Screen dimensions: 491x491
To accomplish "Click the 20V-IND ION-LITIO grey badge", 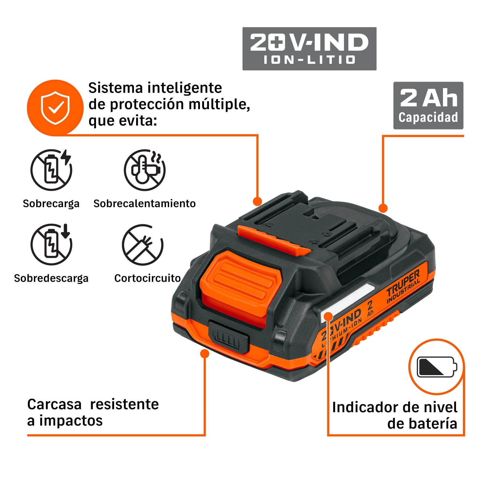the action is tap(309, 49).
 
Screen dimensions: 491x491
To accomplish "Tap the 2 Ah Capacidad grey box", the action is tap(428, 106).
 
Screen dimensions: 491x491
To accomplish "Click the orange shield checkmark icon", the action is tap(55, 108).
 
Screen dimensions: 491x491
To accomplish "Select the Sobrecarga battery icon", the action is tap(51, 170).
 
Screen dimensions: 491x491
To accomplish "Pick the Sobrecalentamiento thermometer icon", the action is tap(145, 170).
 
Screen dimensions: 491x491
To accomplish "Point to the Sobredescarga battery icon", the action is tap(51, 244).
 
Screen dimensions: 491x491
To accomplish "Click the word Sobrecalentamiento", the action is tap(145, 203).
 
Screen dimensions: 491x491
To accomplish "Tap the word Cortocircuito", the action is tap(147, 278).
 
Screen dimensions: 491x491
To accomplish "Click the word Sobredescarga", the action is tap(51, 279).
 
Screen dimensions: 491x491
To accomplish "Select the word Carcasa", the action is tap(54, 404).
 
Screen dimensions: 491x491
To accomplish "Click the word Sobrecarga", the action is tap(51, 204).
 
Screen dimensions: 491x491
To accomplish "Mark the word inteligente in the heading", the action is tap(185, 88).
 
